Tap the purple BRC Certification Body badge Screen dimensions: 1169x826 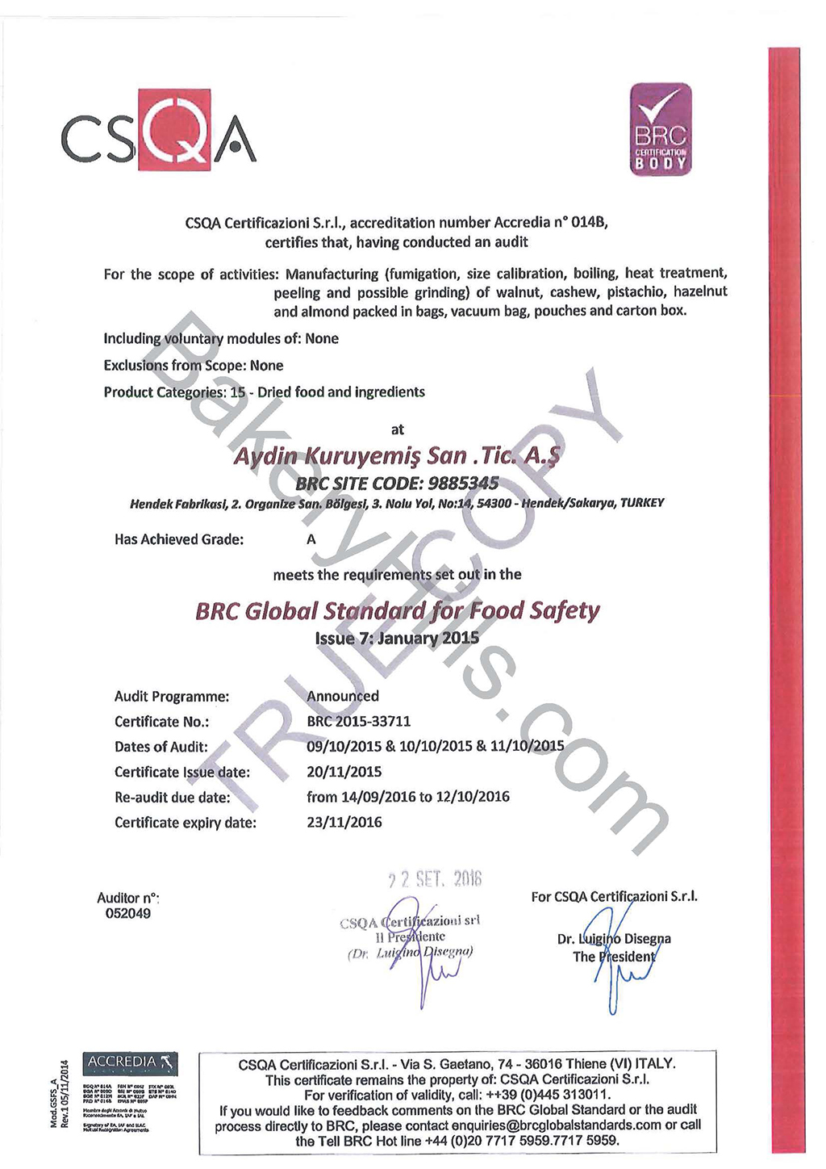tap(660, 129)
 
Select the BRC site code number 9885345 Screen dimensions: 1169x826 tap(465, 483)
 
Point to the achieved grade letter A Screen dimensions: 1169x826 tap(311, 538)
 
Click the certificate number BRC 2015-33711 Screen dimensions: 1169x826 tap(359, 721)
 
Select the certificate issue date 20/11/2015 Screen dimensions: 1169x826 tap(344, 771)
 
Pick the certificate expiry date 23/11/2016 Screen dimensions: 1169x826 tap(344, 822)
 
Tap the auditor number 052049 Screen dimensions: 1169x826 tap(128, 913)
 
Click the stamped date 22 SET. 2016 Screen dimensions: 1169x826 tap(435, 879)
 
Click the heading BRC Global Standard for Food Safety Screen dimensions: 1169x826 tap(397, 610)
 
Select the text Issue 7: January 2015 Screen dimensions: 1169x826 tap(397, 638)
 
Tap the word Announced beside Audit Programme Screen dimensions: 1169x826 tap(343, 696)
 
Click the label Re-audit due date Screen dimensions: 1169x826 tap(173, 797)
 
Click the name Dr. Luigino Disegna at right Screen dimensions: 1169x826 tap(614, 939)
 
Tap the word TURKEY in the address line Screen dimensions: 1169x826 tap(642, 503)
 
